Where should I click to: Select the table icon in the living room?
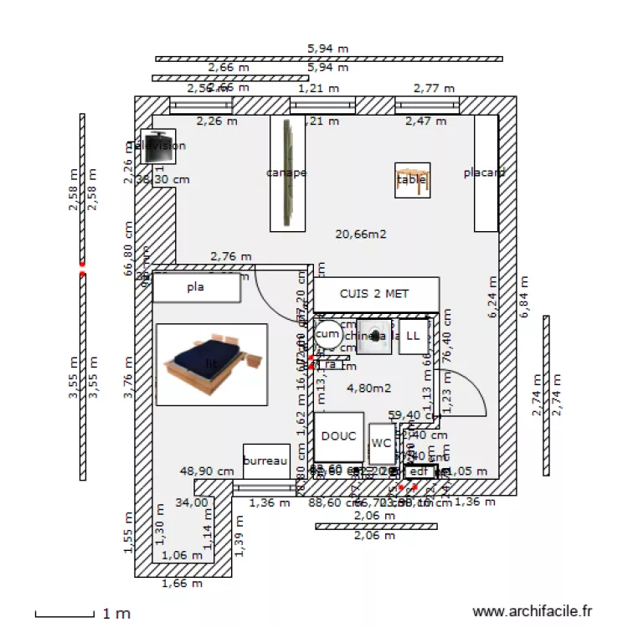412,180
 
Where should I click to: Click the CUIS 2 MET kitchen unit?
376,294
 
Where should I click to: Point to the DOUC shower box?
339,436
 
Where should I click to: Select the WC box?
382,443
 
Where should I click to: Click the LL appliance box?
413,336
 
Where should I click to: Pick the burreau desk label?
265,461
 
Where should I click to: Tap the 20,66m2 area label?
360,234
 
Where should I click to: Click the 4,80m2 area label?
369,388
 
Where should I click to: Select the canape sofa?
287,173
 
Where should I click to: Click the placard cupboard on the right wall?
486,173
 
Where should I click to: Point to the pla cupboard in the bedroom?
197,287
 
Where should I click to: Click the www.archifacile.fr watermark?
533,613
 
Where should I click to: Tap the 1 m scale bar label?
116,614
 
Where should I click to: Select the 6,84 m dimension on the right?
525,297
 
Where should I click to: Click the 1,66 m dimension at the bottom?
183,584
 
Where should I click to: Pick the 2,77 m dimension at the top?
434,88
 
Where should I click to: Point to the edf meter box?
419,472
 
